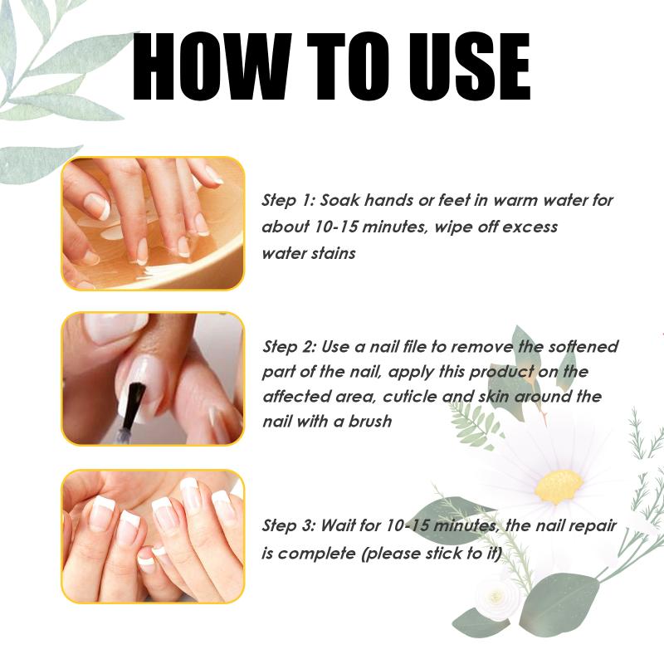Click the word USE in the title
469,66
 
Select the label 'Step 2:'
289,347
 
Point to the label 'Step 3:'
289,525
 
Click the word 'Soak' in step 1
339,200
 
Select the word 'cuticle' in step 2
410,397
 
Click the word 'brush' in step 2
369,422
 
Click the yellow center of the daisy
559,487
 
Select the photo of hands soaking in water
153,223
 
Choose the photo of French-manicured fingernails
153,536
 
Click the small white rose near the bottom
496,597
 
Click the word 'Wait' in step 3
338,525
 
